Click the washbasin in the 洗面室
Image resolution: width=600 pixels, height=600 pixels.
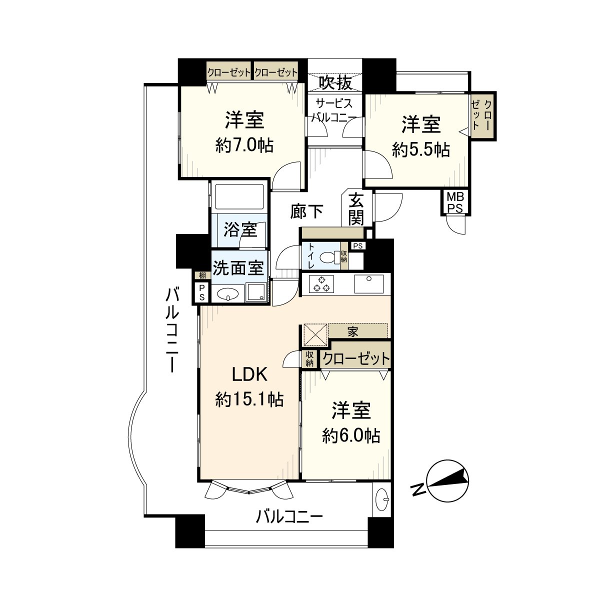227,293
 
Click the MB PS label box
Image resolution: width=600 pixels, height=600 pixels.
455,202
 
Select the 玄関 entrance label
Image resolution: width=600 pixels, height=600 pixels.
356,208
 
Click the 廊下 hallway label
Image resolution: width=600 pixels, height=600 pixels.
307,211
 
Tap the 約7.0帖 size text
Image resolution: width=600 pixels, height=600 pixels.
244,145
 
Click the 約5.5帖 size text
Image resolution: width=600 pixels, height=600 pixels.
421,150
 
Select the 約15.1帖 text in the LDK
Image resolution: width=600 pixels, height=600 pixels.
249,399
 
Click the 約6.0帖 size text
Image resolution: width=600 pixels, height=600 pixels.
351,435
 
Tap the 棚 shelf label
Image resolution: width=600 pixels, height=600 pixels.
202,275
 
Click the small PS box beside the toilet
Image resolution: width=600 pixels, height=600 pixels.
358,246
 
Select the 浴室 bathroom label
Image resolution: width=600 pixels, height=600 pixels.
240,230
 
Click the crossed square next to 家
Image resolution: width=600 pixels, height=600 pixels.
315,334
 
